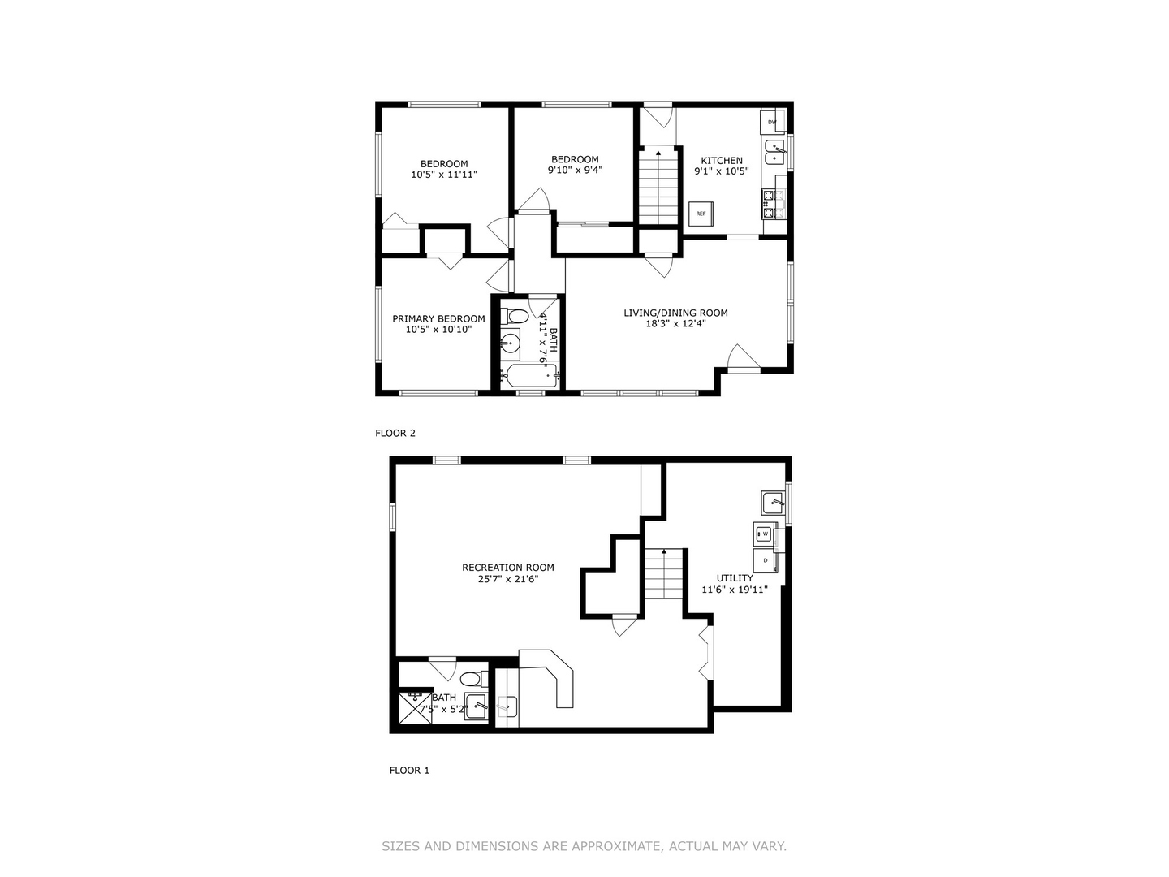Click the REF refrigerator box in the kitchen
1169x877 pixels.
pos(700,214)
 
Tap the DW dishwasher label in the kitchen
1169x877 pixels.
pos(772,123)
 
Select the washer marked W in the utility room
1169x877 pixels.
pos(764,534)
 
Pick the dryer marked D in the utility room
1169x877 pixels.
pos(765,560)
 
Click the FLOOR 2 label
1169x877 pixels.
pos(395,433)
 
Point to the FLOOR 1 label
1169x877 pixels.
pos(409,770)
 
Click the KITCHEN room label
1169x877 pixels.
pos(722,161)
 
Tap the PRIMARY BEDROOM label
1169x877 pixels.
pos(438,319)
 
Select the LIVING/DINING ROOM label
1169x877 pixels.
pos(675,313)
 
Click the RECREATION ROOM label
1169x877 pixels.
pos(508,568)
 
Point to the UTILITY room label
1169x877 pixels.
pos(735,578)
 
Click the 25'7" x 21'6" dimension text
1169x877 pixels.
pos(508,579)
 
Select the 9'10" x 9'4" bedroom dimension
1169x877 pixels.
pos(575,171)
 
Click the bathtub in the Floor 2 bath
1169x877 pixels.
pos(528,376)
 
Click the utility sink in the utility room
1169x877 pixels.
pos(773,502)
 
